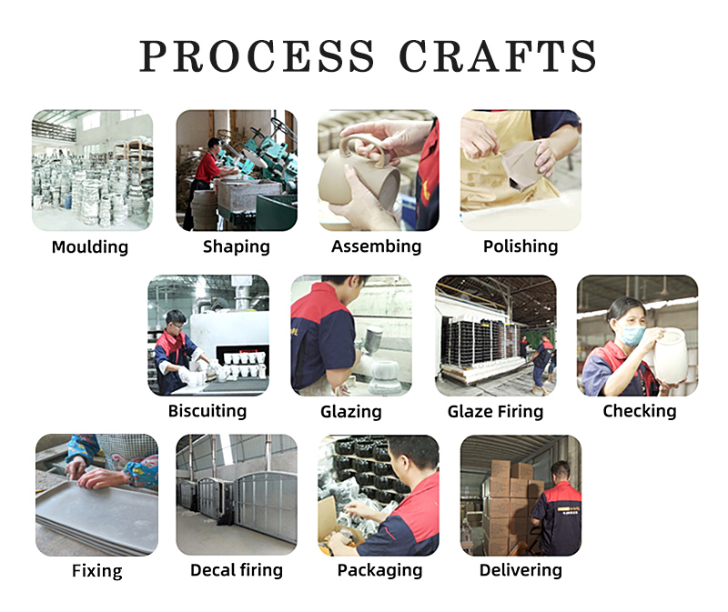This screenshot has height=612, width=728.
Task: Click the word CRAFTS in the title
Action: pos(497,55)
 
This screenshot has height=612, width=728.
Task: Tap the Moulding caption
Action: pos(90,246)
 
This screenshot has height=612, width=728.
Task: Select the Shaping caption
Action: pos(237,246)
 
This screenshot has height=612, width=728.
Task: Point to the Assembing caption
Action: pos(376,246)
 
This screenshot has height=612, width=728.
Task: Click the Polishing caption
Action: pos(521,246)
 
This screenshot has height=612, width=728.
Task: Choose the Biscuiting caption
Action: pos(207,411)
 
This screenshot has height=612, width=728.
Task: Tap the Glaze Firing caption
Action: pos(495,411)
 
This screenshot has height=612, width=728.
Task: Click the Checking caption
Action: pos(640,411)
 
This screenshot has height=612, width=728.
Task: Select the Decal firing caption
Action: pos(237,570)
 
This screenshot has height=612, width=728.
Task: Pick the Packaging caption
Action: pos(379,570)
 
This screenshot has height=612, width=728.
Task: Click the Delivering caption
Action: pos(521,570)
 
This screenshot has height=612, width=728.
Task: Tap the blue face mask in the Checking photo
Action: pos(632,335)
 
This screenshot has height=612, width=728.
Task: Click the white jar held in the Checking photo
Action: pos(670,355)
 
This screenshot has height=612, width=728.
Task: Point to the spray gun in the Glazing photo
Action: pos(371,340)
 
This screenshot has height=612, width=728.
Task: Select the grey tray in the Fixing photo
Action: pos(96,517)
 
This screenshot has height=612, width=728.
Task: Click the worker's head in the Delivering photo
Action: pos(560,472)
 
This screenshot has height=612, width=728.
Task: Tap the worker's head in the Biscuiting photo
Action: pos(176,322)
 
